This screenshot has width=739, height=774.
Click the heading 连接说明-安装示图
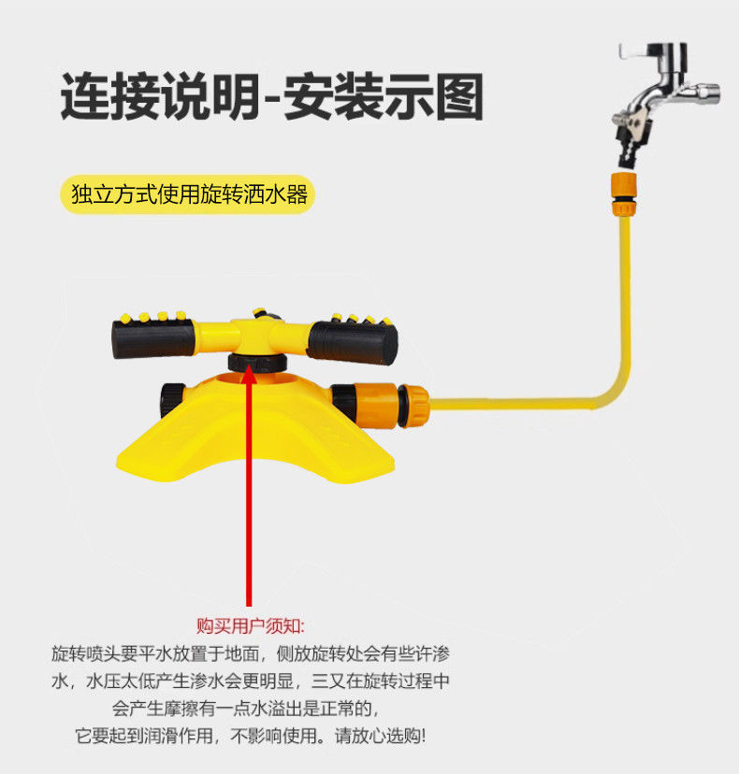tap(272, 97)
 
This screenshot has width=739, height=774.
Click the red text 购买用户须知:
tap(250, 624)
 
